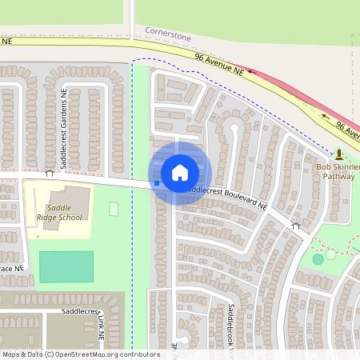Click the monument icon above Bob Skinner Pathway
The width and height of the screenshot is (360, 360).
(339, 154)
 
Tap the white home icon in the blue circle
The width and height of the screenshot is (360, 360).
(179, 173)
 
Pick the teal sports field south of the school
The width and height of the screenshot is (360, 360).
(66, 266)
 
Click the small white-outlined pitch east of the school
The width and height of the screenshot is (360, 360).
(114, 209)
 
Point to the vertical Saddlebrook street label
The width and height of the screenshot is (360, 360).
(231, 320)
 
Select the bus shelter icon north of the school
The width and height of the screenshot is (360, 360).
(50, 172)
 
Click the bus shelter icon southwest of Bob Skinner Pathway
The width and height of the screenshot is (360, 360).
(295, 226)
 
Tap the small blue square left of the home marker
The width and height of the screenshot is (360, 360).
(157, 183)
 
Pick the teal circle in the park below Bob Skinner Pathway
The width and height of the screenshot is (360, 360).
(318, 258)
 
